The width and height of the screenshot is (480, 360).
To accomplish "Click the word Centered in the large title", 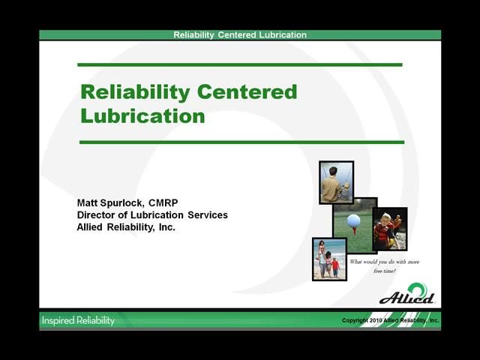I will coord(247,92).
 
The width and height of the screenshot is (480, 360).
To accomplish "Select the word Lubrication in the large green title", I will coord(142,116).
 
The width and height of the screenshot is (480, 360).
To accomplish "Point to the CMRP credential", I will coord(163,203).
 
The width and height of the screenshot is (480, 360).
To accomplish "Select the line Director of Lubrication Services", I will coord(152,215).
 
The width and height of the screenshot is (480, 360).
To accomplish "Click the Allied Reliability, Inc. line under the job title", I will coord(126,226).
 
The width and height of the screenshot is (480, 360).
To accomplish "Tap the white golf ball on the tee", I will coord(354,220).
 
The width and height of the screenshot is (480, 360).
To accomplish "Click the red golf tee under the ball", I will coord(354,229).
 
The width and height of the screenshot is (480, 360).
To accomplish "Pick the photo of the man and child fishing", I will coord(335,181).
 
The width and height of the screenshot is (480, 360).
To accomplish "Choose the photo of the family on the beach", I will coord(329,259).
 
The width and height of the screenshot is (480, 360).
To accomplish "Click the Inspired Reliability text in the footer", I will coord(78,320).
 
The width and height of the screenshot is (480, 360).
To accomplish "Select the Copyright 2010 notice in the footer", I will coord(390,320).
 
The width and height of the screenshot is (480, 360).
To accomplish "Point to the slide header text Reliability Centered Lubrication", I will coord(240,34).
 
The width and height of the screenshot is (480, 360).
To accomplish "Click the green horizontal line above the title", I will coord(240,65).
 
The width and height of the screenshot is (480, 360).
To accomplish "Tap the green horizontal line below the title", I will coord(240,142).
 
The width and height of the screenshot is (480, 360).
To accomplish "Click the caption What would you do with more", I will coord(385,262).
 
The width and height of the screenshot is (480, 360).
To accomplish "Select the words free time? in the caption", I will coord(385,271).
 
